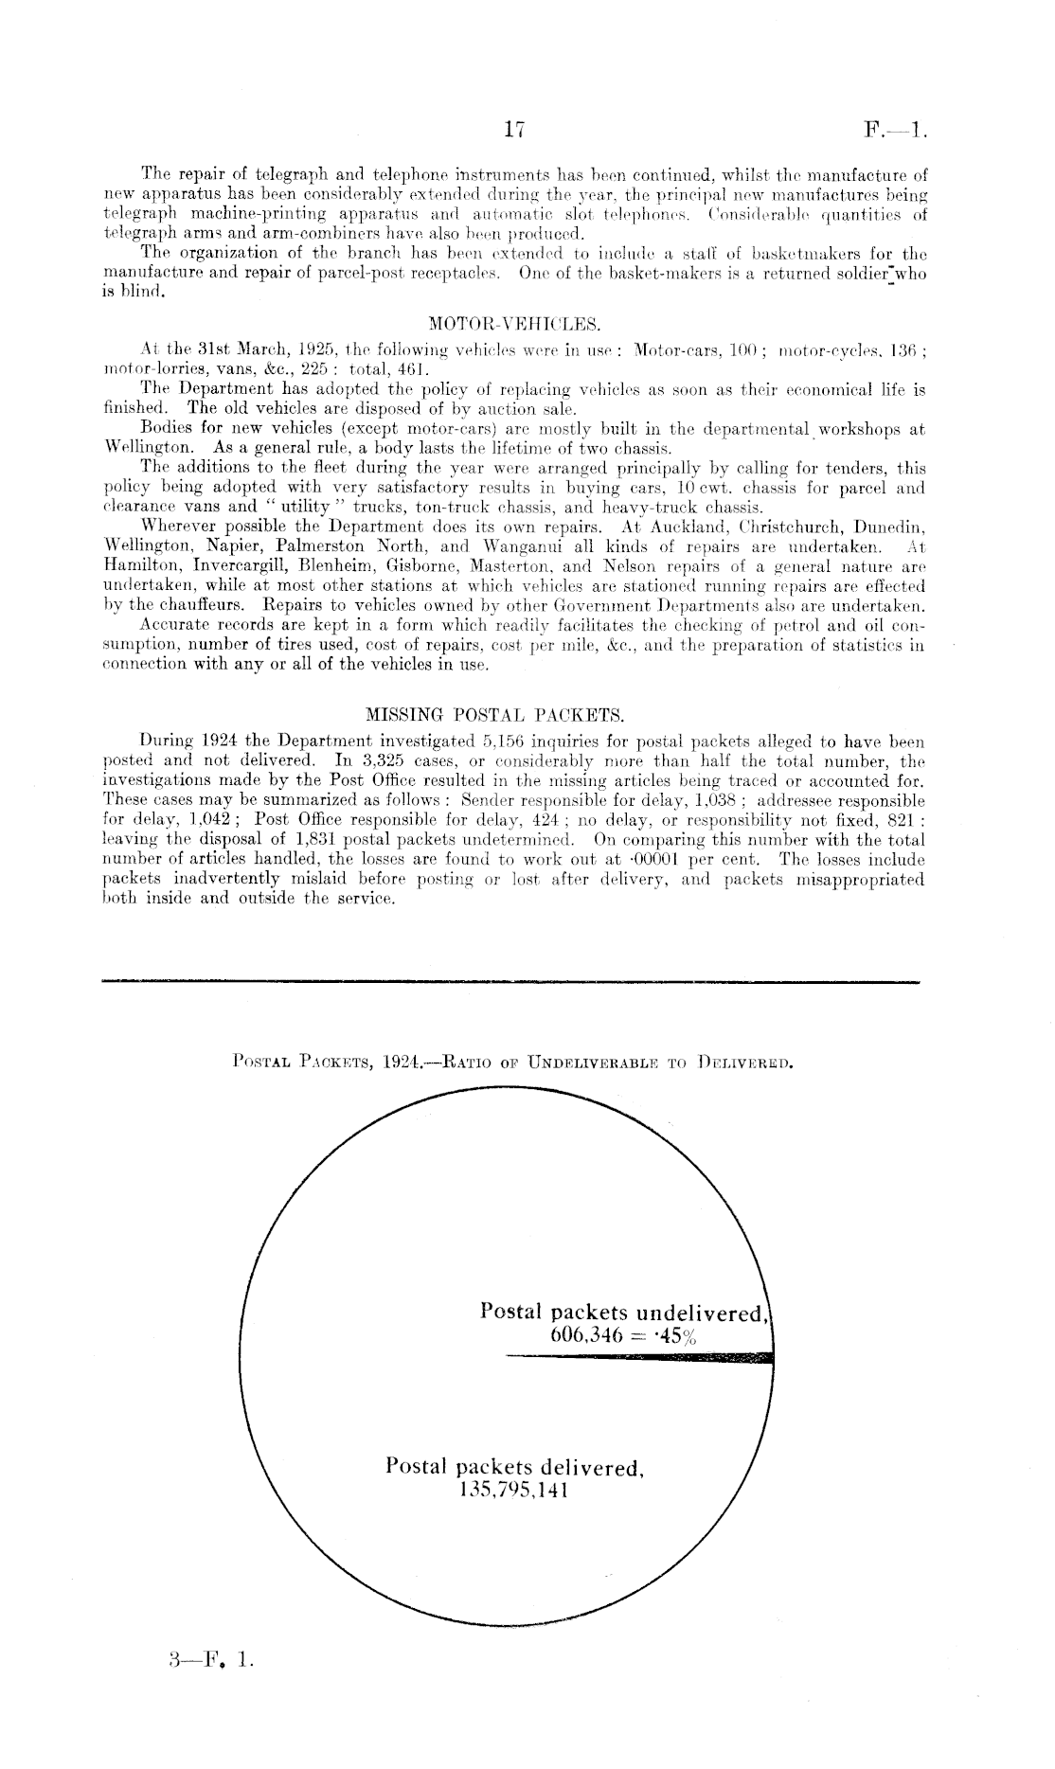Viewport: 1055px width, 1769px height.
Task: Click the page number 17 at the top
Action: click(x=515, y=131)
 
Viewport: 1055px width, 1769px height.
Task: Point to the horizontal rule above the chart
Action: click(x=510, y=982)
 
